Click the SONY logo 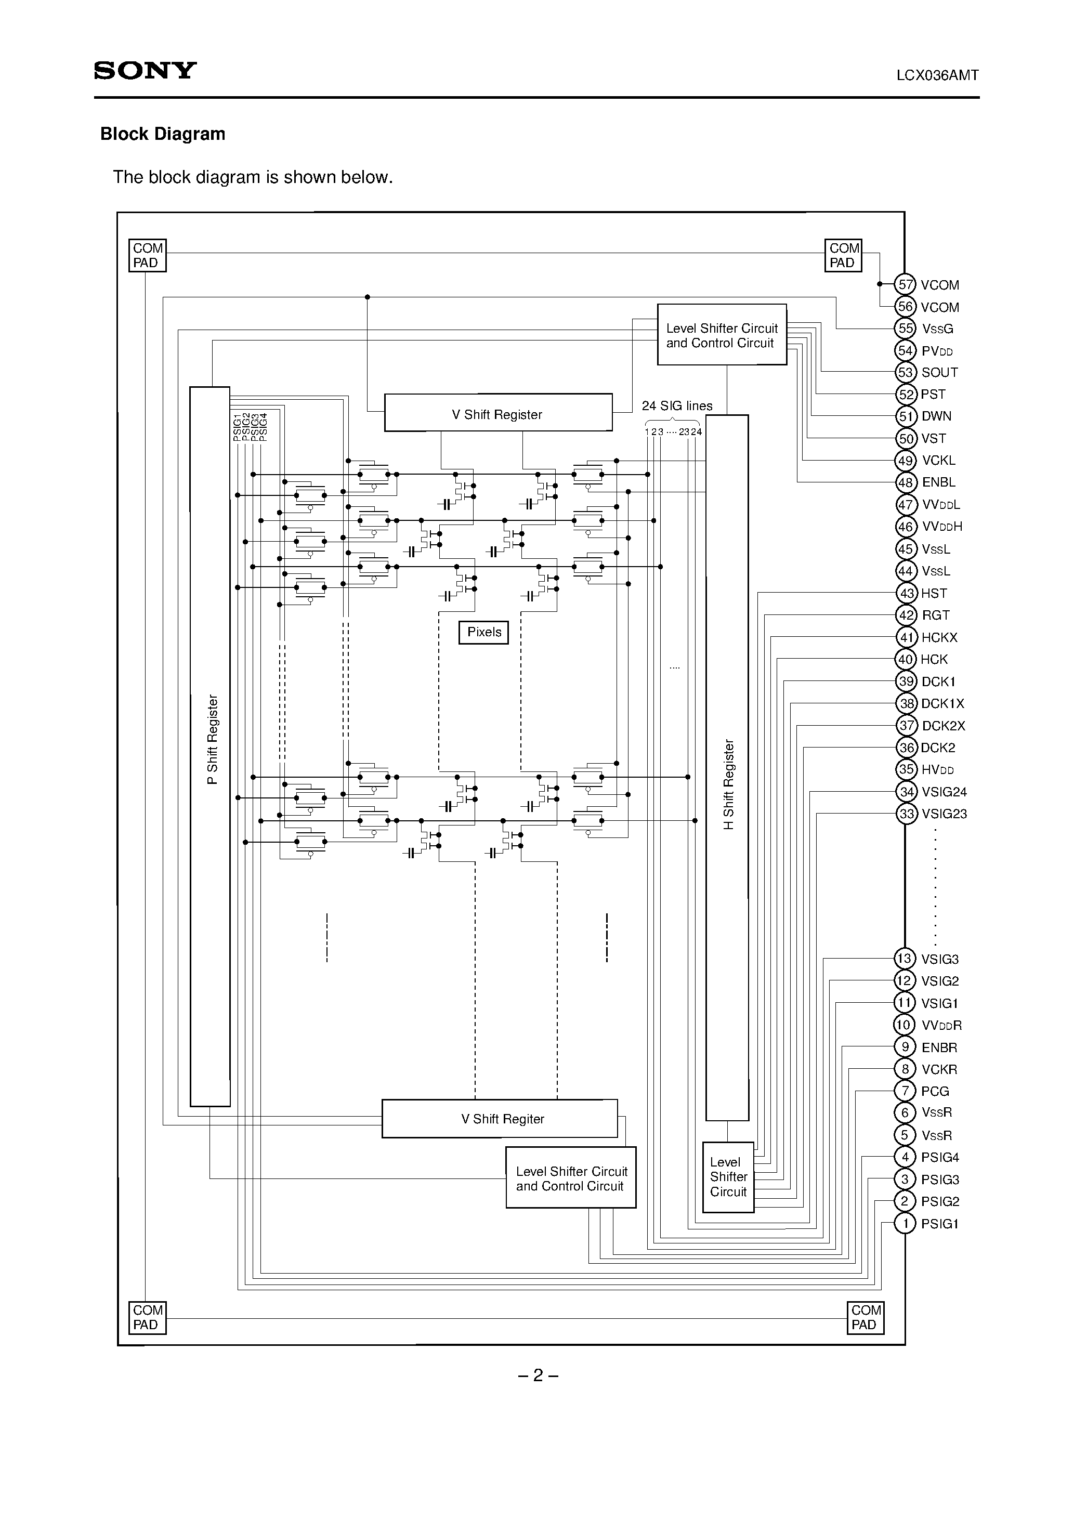click(145, 70)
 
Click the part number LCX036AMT click(937, 75)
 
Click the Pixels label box click(484, 632)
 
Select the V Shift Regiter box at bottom click(500, 1119)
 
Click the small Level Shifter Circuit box click(728, 1177)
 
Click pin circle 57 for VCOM click(905, 285)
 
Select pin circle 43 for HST click(906, 593)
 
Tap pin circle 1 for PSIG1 click(905, 1223)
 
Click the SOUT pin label click(939, 372)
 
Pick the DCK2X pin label click(943, 726)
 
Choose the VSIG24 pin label click(944, 792)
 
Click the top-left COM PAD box click(147, 256)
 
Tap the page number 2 click(538, 1375)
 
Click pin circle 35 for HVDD click(906, 769)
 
